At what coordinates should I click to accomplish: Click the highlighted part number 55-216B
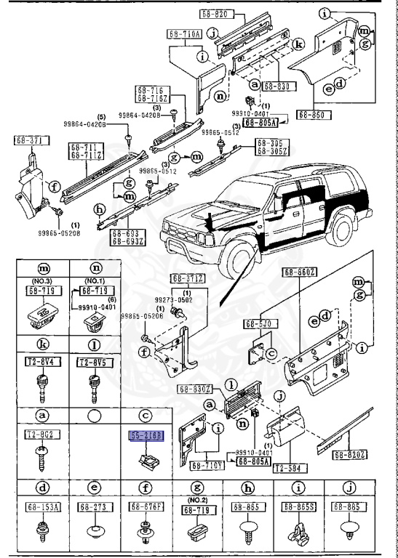click(147, 436)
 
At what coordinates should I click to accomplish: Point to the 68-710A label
click(184, 33)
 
